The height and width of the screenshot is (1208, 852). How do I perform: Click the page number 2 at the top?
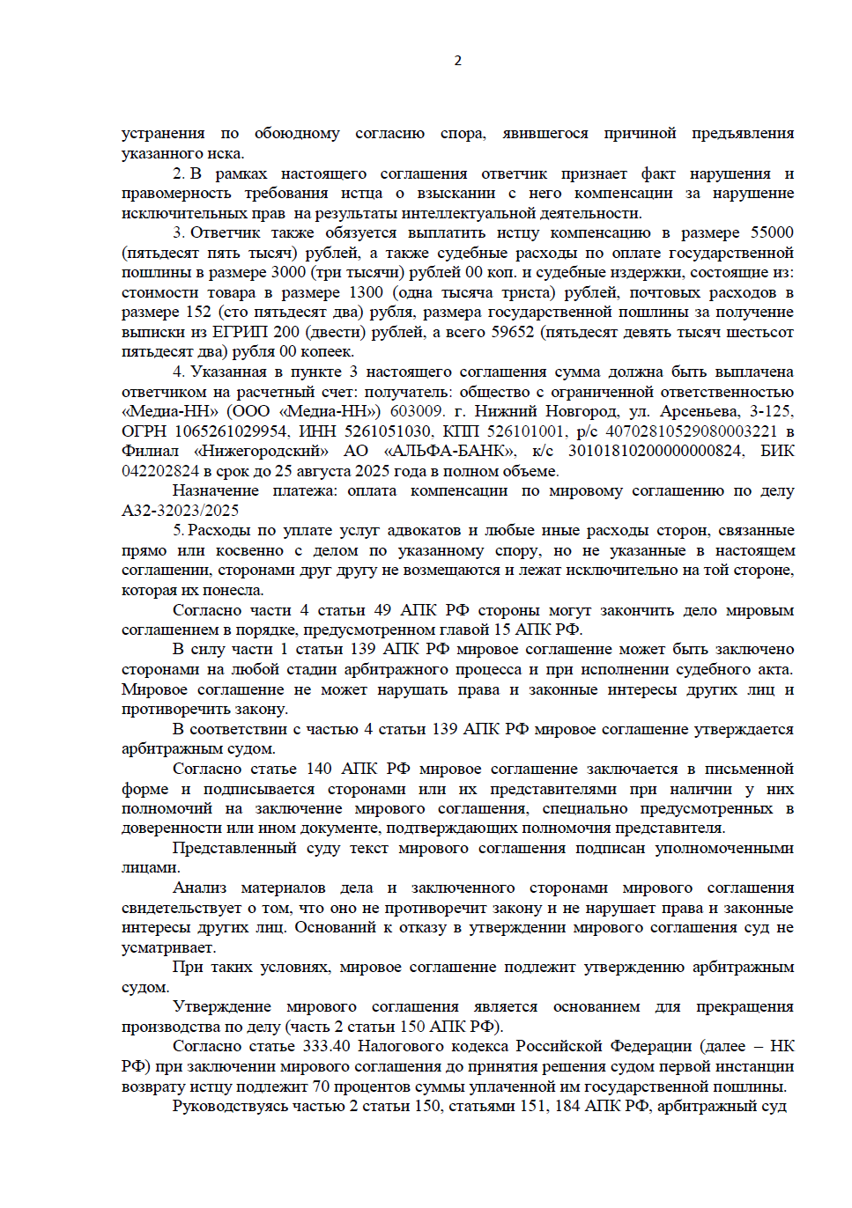click(x=457, y=61)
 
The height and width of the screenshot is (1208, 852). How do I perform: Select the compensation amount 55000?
click(x=772, y=232)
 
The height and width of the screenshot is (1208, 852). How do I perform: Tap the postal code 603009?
click(x=416, y=411)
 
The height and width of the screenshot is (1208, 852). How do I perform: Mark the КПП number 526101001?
click(x=525, y=431)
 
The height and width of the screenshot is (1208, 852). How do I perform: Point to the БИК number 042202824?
click(x=160, y=471)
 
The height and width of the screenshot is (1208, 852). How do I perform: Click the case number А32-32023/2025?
click(x=180, y=511)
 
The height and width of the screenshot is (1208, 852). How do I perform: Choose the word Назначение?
click(x=215, y=490)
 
